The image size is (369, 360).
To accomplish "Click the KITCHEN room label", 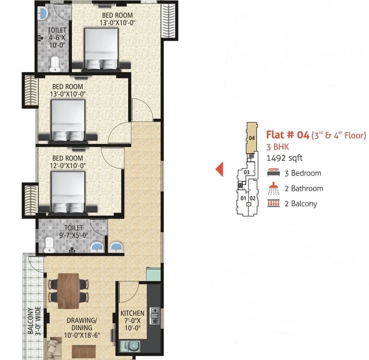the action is point(132,313).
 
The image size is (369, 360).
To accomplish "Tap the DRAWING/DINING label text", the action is point(82,324).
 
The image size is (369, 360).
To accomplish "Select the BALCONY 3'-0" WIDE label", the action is point(34,321).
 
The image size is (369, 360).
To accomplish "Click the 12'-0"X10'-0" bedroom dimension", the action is point(68,166).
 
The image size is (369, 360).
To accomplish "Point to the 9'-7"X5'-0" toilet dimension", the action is point(74,235).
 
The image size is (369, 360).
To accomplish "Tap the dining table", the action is point(68,290).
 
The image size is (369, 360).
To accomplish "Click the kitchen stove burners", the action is point(154,315).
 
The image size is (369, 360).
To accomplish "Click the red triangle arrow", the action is point(219,169).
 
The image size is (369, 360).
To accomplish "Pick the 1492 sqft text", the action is point(284,158).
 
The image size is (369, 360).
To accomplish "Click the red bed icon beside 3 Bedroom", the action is point(273,172).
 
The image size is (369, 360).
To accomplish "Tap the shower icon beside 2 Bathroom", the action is point(273,188).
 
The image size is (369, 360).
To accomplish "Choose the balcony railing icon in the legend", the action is point(273,203).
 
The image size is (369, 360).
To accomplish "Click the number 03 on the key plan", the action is point(246,172).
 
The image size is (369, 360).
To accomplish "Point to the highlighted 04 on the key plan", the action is point(252,138).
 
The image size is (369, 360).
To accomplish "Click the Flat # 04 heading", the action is point(288,135).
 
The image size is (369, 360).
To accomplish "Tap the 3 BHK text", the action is point(277,147).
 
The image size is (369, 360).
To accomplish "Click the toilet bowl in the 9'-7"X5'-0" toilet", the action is point(49,244).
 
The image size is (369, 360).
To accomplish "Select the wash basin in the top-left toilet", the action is point(43,13).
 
